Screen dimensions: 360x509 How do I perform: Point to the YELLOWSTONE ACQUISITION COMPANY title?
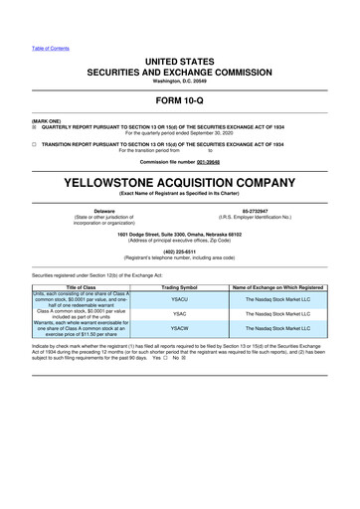click(180, 183)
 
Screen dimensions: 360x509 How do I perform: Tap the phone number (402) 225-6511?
click(180, 252)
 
